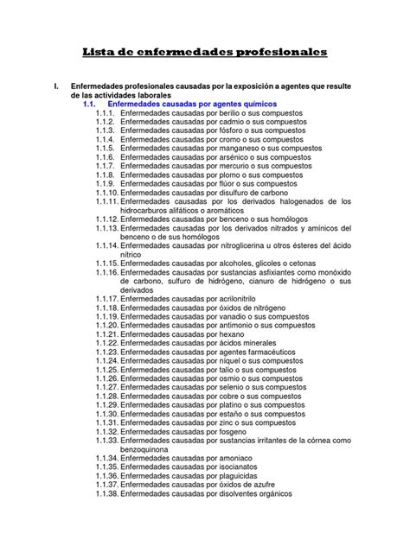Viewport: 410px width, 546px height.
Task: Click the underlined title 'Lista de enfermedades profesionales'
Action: point(205,54)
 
